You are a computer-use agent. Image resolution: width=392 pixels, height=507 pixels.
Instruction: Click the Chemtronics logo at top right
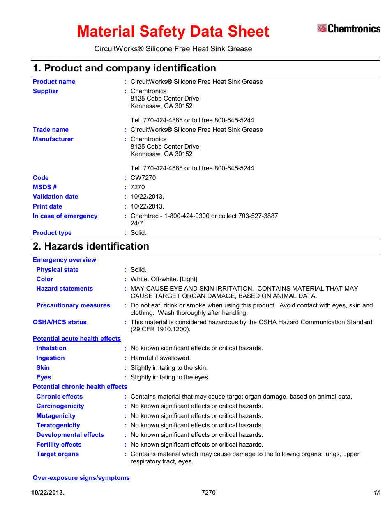pos(348,28)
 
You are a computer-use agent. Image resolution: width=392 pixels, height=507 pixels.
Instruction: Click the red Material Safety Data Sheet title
pos(173,32)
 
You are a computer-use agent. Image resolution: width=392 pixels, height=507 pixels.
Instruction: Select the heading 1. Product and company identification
pos(125,68)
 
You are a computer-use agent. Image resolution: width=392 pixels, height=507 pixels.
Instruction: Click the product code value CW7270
pos(143,178)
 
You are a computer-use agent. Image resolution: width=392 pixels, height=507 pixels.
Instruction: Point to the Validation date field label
pos(55,197)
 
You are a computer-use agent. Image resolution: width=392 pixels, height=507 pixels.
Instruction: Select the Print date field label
pos(47,206)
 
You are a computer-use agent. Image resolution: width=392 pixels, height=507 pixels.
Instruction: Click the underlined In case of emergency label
pos(65,216)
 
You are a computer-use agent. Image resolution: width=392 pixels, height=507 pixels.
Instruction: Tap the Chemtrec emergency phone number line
pos(204,216)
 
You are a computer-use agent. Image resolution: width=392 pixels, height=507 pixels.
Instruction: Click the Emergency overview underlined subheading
pos(65,260)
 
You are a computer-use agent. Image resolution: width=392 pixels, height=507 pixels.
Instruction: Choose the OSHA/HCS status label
pos(60,322)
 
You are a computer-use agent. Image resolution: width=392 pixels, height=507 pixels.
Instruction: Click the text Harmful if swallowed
pos(160,358)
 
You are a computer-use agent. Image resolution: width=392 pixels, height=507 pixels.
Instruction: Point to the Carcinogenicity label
pos(60,406)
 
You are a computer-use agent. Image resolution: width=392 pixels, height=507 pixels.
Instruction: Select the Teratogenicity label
pos(58,425)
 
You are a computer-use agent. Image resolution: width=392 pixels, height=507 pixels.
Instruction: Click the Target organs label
pos(58,454)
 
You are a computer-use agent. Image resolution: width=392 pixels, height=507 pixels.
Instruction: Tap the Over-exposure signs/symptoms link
pos(81,478)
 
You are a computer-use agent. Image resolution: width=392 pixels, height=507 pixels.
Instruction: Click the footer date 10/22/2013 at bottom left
pos(48,493)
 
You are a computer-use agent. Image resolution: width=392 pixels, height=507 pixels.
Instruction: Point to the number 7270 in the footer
pos(208,493)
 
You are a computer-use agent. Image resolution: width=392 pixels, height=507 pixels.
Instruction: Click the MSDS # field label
pos(45,187)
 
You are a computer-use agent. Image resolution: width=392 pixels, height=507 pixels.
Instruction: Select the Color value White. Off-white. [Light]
pos(164,279)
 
